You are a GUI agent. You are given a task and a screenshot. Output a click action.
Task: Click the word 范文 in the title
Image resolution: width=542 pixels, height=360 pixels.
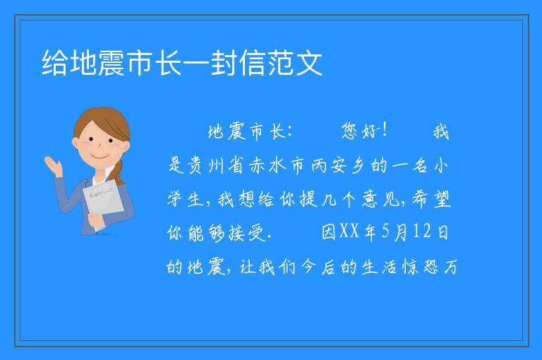pos(295,63)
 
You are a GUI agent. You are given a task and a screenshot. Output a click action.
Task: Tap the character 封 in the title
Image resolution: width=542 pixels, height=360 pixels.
pos(224,63)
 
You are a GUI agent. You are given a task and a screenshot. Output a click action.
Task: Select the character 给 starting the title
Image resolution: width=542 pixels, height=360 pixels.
pos(54,63)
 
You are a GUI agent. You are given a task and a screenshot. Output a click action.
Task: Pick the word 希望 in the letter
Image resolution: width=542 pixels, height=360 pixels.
pos(431,199)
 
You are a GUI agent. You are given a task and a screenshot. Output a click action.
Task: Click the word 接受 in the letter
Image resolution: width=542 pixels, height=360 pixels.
pos(246,232)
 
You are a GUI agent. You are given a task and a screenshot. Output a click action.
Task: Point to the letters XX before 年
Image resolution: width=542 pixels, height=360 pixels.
pos(349,232)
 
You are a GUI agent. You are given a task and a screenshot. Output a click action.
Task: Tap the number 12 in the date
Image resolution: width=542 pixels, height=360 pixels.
pos(421,232)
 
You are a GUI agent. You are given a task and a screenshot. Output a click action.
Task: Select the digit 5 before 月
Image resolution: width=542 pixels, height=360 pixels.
pos(386,232)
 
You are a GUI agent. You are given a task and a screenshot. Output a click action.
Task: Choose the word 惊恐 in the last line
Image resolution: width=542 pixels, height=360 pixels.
pos(421,267)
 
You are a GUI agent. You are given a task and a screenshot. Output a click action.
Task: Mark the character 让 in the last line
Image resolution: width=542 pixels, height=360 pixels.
pos(248,267)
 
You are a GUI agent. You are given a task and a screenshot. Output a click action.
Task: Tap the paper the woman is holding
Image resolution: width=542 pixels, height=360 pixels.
pos(103,200)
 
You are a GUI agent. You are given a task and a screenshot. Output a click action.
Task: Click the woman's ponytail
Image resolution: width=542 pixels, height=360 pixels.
pos(119,172)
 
